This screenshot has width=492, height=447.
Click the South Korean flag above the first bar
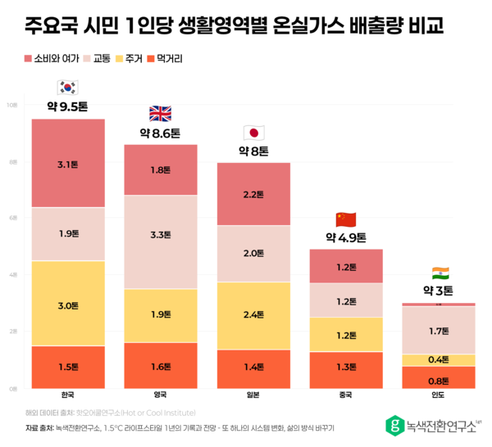tap(68, 88)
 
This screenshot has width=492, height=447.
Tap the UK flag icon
tap(161, 113)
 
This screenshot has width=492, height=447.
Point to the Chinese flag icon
tap(346, 219)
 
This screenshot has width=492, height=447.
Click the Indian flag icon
tap(440, 273)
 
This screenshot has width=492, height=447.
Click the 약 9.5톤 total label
tap(68, 106)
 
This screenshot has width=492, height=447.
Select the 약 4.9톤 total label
tap(346, 237)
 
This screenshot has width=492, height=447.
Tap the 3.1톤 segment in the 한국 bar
tap(68, 164)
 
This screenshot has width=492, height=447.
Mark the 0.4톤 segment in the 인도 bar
tap(439, 360)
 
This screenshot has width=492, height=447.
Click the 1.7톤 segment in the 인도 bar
tap(439, 331)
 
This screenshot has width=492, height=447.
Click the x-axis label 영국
tap(161, 395)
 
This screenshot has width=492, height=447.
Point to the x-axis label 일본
tap(253, 395)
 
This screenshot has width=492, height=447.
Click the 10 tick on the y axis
tap(11, 106)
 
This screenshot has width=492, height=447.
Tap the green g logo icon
tap(395, 424)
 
